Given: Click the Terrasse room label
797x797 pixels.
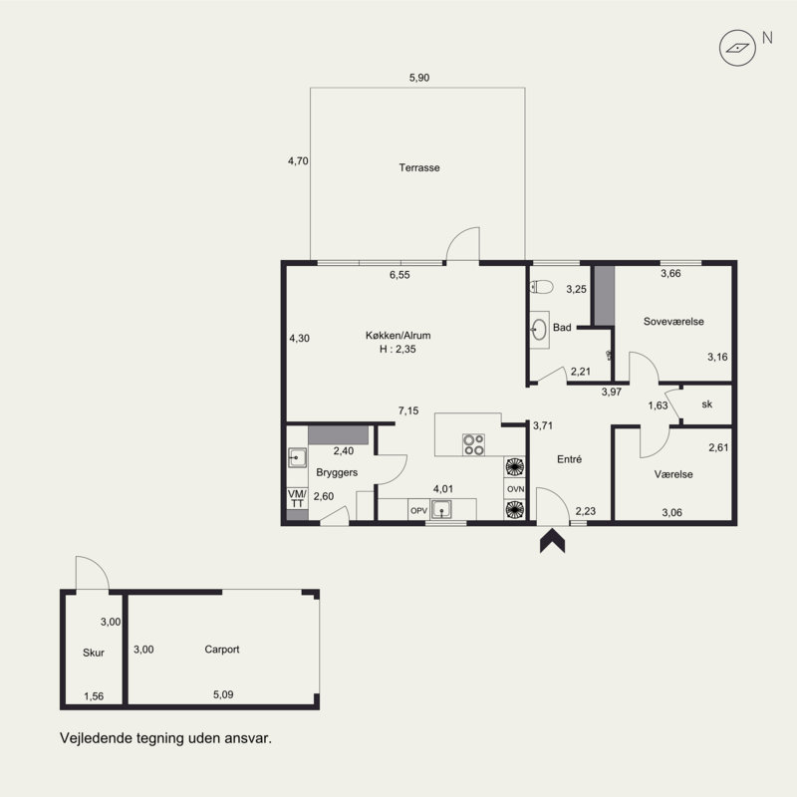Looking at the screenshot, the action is pos(419,167).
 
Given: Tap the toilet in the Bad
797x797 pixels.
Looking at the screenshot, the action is pos(541,287).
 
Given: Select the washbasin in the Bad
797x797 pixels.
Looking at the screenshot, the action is pos(539,330).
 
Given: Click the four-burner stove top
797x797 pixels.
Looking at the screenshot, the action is pos(474,444).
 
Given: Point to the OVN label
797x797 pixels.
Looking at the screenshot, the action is pos(515,489).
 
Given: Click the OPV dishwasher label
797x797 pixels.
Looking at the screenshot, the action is pos(418,510).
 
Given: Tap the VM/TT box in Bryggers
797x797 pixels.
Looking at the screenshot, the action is pos(297,498).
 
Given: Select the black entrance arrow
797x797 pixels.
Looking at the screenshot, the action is pos(553,541).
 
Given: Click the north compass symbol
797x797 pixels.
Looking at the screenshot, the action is pos(737,48).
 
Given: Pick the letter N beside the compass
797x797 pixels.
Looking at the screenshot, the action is pos(767,38).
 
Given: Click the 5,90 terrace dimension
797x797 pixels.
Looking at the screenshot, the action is pos(419,78).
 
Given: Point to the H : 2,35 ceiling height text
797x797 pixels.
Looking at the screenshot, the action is pos(398,350).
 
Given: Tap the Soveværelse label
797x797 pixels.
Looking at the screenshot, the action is pos(673,321).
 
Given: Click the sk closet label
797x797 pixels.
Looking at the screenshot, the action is pos(706,404).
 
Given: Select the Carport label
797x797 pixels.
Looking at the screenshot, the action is pos(221,650).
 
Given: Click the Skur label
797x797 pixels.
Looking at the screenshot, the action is pos(94,653).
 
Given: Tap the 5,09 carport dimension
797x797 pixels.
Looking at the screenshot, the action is pos(223,694).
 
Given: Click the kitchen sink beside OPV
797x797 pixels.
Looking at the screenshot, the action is pos(441,509).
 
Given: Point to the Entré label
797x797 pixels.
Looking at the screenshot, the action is pos(569,459).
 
